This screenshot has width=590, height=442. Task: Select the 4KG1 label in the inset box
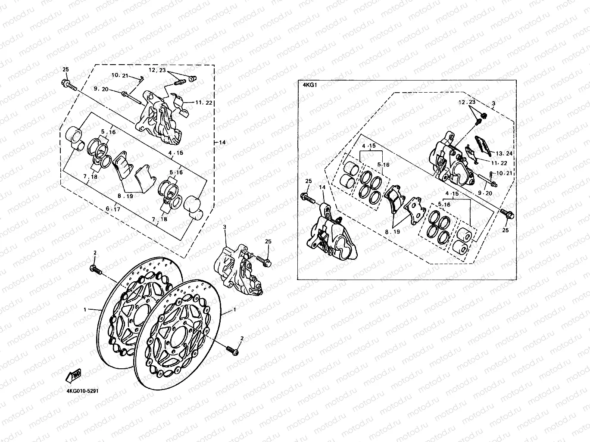coord(310,85)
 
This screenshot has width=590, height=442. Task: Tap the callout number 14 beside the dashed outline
coord(222,143)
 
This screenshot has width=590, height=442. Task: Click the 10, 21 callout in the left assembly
coord(120,76)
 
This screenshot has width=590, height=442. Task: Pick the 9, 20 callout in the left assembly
coord(100,90)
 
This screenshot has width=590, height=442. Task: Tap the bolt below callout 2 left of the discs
coord(95,270)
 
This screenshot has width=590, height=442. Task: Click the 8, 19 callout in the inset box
coord(392,231)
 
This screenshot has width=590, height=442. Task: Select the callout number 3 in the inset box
coord(493,103)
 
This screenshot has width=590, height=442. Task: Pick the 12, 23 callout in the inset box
coord(467,102)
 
